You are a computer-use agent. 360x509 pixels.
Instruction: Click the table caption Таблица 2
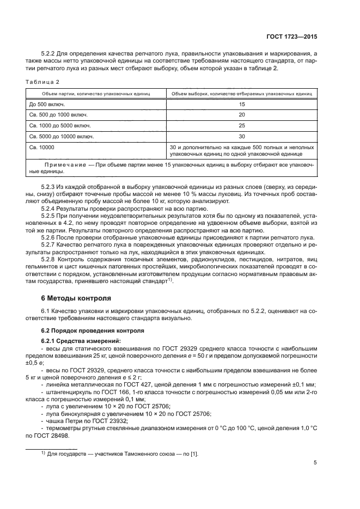(42, 81)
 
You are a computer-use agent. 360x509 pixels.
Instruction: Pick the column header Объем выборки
(241, 94)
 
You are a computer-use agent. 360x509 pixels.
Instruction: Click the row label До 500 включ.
(48, 104)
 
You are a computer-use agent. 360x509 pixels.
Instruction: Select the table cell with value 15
(241, 104)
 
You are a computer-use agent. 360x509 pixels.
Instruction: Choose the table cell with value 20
(241, 115)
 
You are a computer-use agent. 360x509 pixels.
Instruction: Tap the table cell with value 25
(241, 126)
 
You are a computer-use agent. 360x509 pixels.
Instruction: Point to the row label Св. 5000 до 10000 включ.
(62, 137)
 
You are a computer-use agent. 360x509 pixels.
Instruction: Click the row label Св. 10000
(42, 147)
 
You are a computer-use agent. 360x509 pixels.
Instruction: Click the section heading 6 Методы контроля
(76, 298)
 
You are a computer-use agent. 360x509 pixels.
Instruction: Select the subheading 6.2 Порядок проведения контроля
(93, 330)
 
